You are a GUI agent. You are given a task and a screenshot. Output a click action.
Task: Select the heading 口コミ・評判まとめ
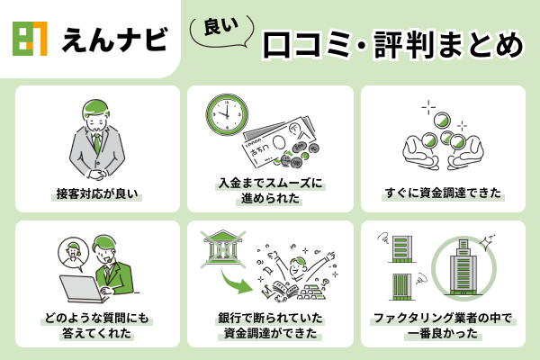click(x=390, y=44)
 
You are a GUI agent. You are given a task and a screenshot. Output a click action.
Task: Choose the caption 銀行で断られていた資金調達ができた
click(x=269, y=325)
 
